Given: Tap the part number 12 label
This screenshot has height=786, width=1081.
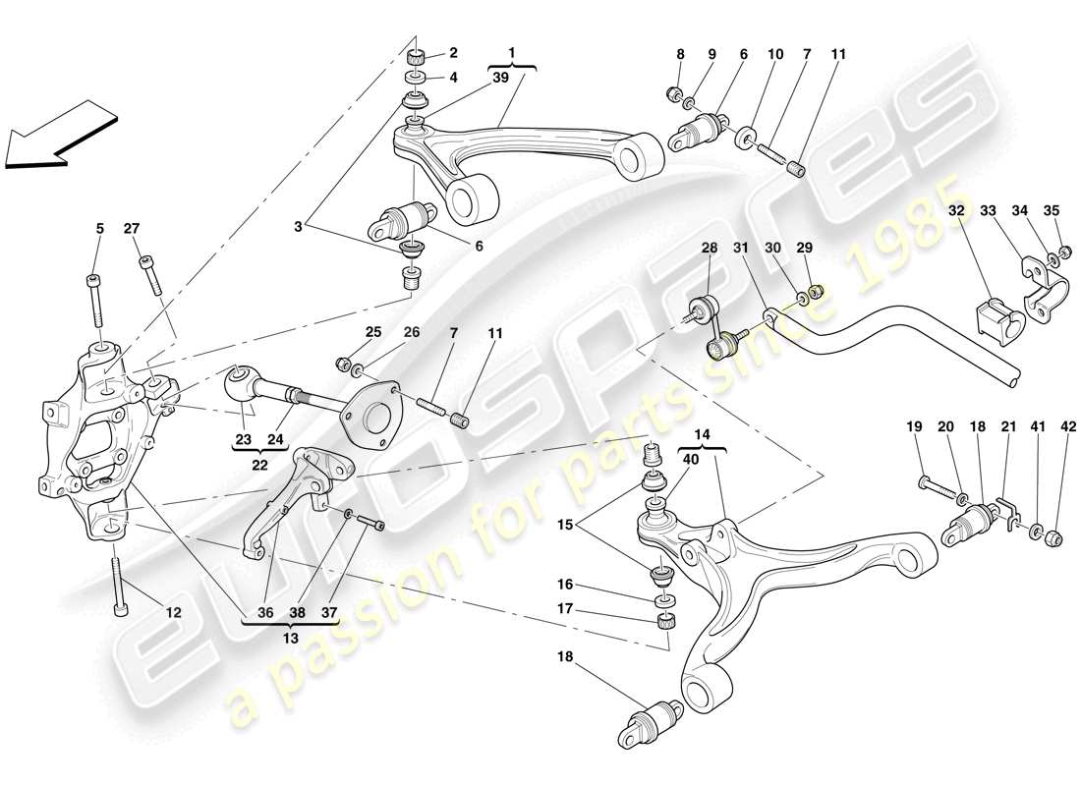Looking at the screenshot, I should tap(174, 613).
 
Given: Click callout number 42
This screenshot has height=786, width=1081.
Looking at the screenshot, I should tap(1068, 426).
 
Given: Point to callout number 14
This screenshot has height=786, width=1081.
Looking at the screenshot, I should tap(700, 431).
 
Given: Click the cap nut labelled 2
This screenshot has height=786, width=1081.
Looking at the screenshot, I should tap(417, 55).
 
